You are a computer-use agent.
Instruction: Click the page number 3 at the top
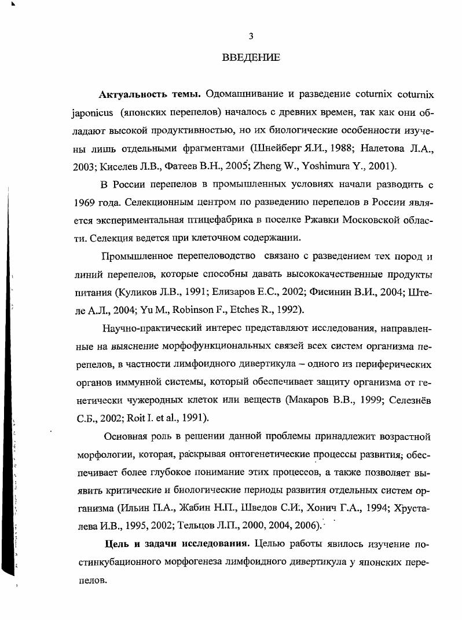250,36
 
